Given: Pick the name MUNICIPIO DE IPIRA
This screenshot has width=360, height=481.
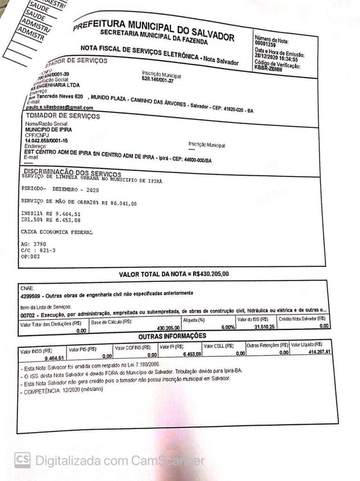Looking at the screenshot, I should click(x=48, y=129).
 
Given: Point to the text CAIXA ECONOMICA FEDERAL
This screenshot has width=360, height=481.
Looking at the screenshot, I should click(x=57, y=232).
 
